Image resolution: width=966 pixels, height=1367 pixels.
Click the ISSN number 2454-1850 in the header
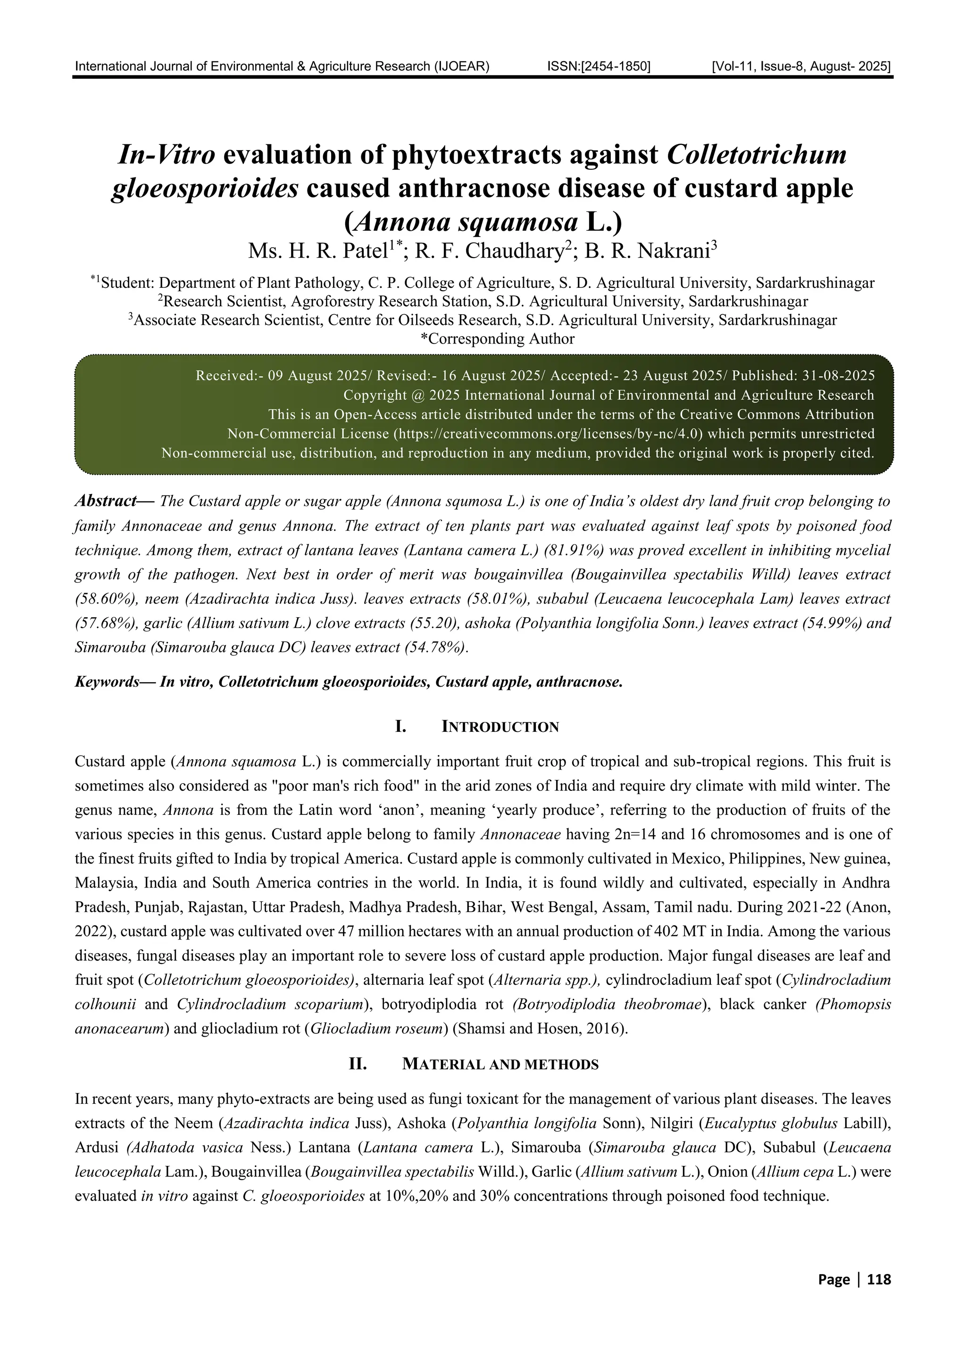coord(598,66)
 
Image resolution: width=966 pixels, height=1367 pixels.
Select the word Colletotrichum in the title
coord(757,155)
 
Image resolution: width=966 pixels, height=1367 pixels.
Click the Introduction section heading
coord(500,727)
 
